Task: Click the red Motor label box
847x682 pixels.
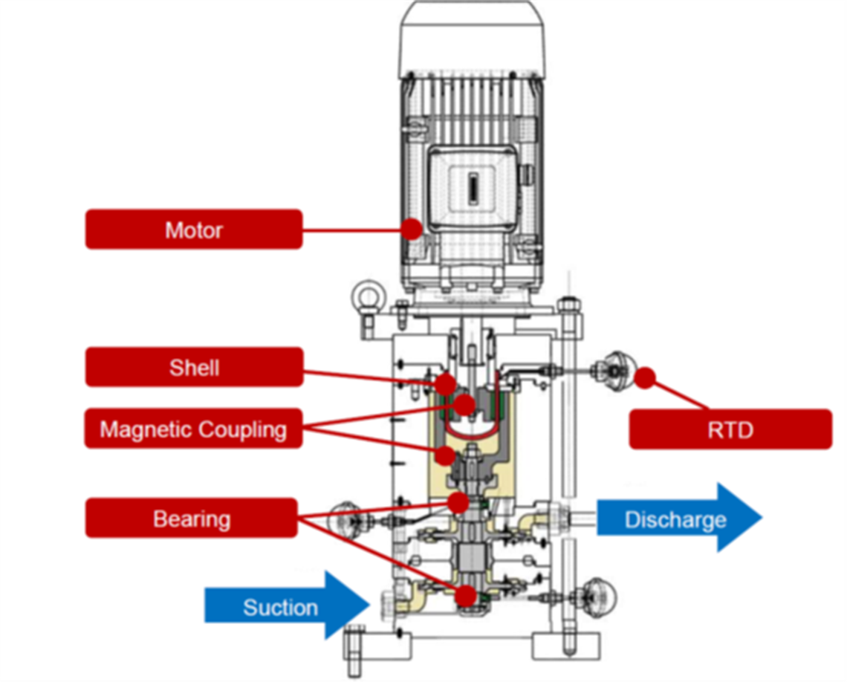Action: tap(194, 230)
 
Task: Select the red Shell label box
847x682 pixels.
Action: tap(194, 367)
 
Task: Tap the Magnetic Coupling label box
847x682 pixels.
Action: tap(193, 429)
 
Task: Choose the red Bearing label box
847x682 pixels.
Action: tap(192, 518)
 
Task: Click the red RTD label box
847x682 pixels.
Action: tap(730, 429)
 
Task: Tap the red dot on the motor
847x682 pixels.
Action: tap(412, 228)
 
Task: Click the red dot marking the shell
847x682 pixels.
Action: tap(445, 384)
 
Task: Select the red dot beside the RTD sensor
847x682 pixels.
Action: tap(644, 377)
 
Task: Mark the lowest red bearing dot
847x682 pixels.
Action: tap(466, 595)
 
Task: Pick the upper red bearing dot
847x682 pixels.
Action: tap(458, 502)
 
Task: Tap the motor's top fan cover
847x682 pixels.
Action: tap(474, 37)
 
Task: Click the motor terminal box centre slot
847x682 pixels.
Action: tap(471, 189)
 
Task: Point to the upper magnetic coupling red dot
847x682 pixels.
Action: tap(465, 404)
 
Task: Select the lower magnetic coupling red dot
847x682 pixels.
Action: tap(445, 455)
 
